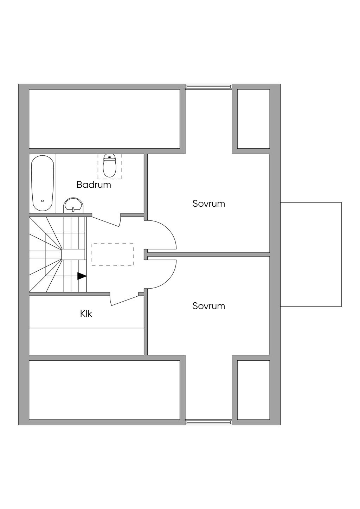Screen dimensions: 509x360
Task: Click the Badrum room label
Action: click(x=94, y=185)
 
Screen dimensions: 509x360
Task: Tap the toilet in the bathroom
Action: click(x=110, y=167)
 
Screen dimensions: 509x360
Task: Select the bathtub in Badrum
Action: click(x=43, y=183)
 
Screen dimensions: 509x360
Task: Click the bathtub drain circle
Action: click(x=43, y=201)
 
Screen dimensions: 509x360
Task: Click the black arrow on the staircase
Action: click(x=82, y=276)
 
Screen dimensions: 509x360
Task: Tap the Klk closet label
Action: click(x=86, y=313)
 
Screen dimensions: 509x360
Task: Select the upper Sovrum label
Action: click(x=208, y=204)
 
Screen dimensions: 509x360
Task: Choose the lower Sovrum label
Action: click(x=208, y=306)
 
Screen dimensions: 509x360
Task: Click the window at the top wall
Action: click(x=208, y=86)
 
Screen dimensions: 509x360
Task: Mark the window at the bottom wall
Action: click(x=208, y=422)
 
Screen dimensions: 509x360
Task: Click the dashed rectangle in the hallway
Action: click(x=112, y=254)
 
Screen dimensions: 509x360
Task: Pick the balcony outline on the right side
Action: click(x=311, y=254)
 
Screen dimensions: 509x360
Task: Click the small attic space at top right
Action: click(x=253, y=119)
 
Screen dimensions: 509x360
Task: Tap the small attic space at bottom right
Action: click(x=253, y=389)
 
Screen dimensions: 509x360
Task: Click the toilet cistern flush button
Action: click(x=110, y=157)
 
